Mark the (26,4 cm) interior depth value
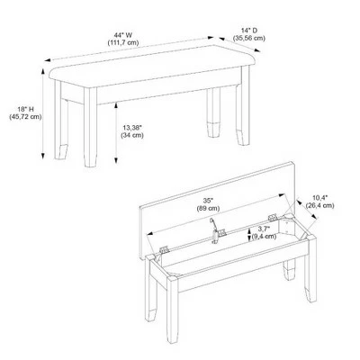pyautogui.click(x=319, y=205)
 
